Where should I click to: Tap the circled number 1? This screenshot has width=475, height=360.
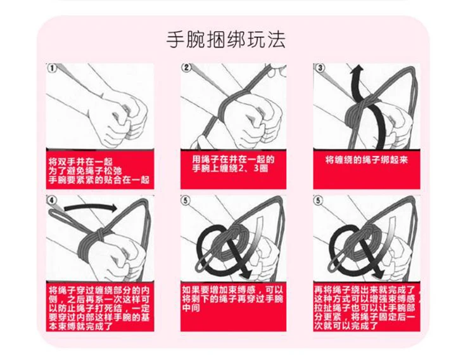pyautogui.click(x=52, y=68)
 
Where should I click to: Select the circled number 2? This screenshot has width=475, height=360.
pyautogui.click(x=186, y=68)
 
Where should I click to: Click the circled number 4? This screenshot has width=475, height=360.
pyautogui.click(x=52, y=201)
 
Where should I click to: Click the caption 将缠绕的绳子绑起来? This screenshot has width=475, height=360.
pyautogui.click(x=367, y=160)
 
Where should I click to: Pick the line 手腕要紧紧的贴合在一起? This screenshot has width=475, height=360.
pyautogui.click(x=99, y=180)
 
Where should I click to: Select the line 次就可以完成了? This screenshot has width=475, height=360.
pyautogui.click(x=346, y=326)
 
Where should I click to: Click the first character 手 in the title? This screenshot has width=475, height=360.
pyautogui.click(x=175, y=39)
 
